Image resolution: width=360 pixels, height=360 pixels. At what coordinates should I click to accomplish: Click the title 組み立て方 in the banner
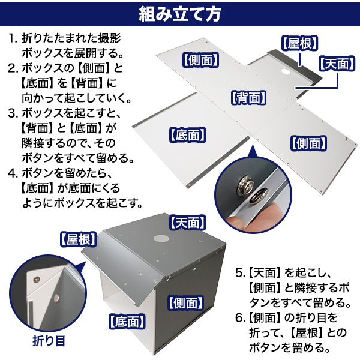(180, 14)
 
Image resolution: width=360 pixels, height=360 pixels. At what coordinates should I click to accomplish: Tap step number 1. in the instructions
(13, 38)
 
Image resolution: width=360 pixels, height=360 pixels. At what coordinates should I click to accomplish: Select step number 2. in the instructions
(13, 68)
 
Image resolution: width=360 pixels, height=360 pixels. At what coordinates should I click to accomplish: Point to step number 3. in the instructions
(13, 113)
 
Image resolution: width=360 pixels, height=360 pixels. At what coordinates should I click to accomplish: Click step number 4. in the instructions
(13, 173)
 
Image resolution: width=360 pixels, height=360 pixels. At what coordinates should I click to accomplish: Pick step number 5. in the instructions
(239, 273)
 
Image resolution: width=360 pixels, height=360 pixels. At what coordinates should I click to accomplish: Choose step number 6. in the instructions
(239, 318)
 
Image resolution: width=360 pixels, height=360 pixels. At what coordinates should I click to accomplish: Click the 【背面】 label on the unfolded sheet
(248, 98)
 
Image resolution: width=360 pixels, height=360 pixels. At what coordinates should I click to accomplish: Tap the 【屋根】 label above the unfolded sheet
(299, 43)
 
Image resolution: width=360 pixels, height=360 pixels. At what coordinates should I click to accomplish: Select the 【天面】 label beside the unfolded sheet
(337, 64)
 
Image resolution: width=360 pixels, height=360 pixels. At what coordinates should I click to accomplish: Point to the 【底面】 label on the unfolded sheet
(188, 134)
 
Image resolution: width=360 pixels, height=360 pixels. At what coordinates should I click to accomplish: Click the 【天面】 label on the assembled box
(188, 223)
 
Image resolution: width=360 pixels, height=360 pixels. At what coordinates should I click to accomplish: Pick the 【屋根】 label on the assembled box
(78, 239)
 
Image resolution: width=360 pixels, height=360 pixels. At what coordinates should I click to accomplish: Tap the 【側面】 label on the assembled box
(186, 303)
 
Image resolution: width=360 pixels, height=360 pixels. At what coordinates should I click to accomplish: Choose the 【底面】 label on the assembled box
(127, 322)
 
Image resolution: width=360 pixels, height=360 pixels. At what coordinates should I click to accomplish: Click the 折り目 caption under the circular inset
(49, 341)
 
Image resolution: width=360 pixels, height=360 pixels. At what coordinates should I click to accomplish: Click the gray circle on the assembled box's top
(161, 238)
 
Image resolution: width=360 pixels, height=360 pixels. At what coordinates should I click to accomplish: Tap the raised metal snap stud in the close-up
(246, 183)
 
